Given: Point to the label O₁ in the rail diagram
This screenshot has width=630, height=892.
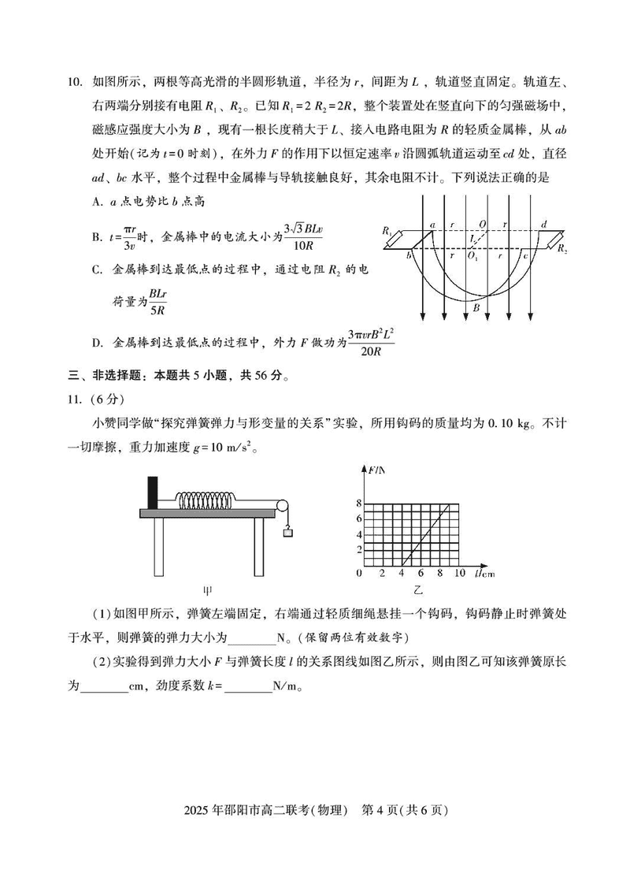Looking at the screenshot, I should (x=472, y=256).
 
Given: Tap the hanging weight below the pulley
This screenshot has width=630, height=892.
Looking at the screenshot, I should (x=288, y=533).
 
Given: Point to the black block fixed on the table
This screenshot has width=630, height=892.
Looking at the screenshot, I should (x=152, y=492).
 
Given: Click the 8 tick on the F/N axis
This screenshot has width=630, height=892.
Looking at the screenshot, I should (x=359, y=502).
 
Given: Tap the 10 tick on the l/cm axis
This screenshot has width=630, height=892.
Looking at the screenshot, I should (x=460, y=573).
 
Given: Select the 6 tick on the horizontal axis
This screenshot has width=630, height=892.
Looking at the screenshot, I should (x=421, y=573).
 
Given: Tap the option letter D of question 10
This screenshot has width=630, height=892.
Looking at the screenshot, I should (x=96, y=343).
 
